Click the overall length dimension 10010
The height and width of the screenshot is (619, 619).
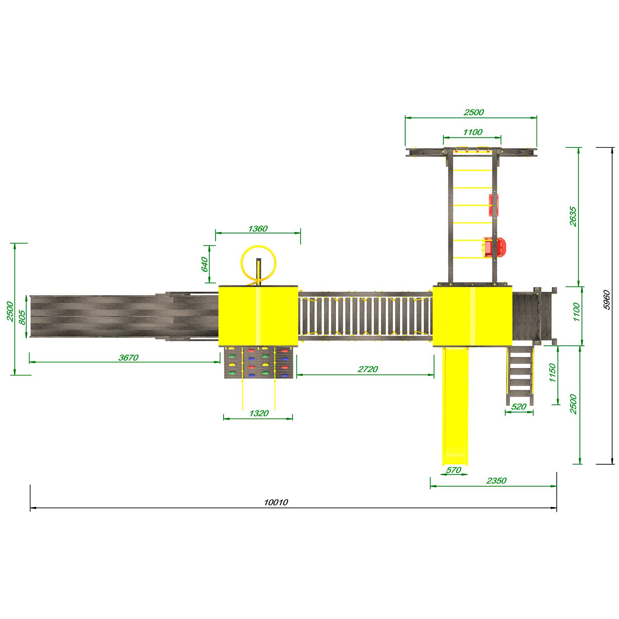[x=276, y=503]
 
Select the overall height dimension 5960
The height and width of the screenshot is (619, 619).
[x=607, y=300]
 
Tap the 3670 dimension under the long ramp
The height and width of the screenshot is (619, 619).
[x=128, y=358]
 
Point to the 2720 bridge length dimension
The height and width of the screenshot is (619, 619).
[x=368, y=369]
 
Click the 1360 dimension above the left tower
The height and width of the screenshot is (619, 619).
[x=258, y=229]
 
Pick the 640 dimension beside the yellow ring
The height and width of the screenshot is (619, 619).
[x=205, y=264]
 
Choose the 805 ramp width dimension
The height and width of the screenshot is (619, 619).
[x=22, y=317]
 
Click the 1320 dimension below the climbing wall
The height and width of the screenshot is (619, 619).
[x=259, y=413]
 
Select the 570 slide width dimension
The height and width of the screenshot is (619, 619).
[x=453, y=470]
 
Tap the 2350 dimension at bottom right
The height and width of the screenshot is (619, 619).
[x=496, y=481]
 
